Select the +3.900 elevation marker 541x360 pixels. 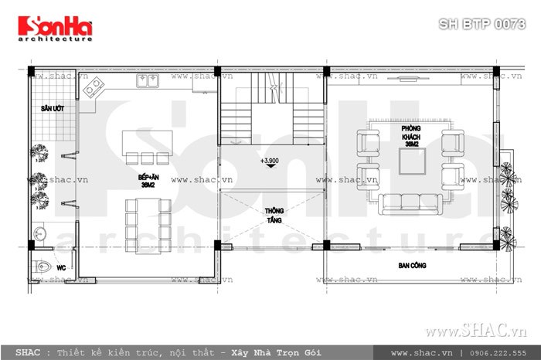[x=270, y=161]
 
